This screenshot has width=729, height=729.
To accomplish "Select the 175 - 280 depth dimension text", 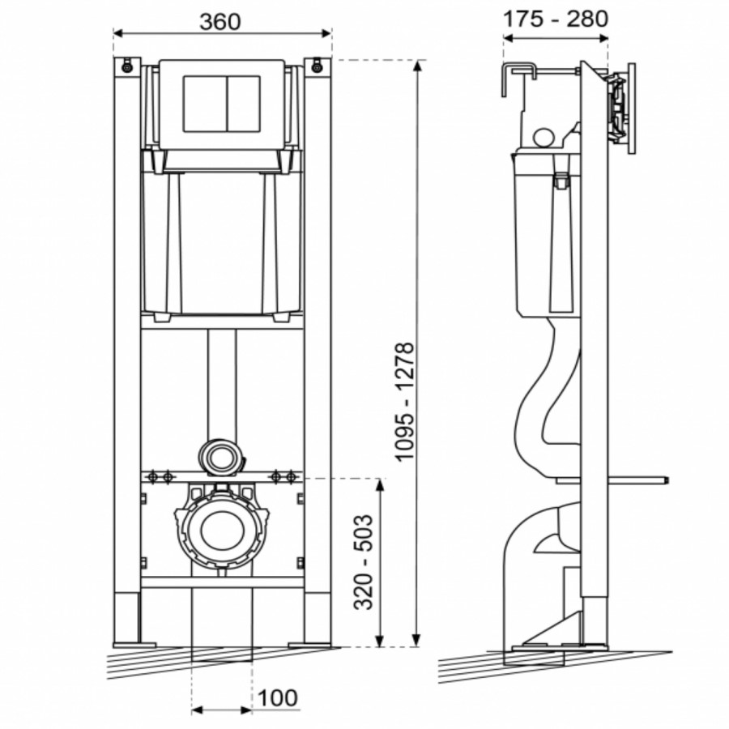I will pyautogui.click(x=555, y=18).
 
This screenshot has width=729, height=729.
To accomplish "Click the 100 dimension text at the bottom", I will pyautogui.click(x=279, y=697).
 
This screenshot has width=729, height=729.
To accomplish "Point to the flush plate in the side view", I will pyautogui.click(x=629, y=105).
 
